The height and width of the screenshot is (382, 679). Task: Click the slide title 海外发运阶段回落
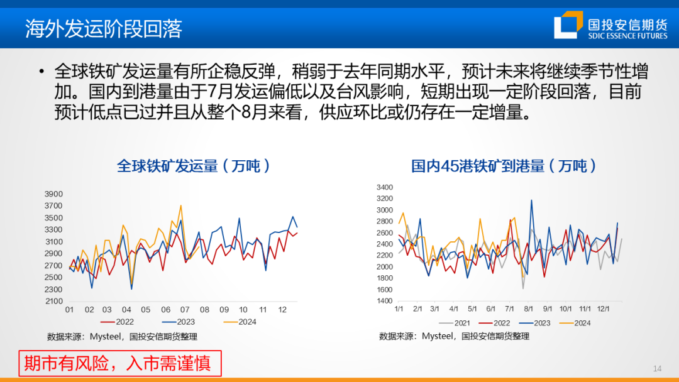(104, 28)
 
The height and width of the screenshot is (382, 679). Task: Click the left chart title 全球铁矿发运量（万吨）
(194, 166)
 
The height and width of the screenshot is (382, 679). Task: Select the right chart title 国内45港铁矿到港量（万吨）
(504, 166)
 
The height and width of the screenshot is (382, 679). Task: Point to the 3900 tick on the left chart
(53, 194)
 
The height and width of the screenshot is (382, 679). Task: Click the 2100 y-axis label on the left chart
(53, 301)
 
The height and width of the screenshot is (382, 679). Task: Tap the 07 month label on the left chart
(185, 310)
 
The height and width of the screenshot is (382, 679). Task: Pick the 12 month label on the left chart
(282, 310)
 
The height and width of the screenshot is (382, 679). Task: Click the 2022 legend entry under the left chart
(118, 322)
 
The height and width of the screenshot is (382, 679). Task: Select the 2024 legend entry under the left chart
(240, 322)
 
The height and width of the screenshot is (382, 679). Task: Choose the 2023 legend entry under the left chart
(179, 322)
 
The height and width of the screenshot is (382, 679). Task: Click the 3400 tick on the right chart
(385, 187)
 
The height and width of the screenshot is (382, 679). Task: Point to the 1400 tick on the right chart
(385, 301)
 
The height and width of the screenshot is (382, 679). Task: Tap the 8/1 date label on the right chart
(528, 309)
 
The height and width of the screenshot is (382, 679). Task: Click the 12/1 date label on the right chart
(603, 309)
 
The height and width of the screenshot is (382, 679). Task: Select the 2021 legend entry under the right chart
(455, 323)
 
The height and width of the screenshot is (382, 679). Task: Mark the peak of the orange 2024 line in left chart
(180, 205)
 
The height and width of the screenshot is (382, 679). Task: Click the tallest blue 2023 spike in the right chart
(531, 200)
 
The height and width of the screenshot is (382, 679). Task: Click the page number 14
(657, 369)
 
